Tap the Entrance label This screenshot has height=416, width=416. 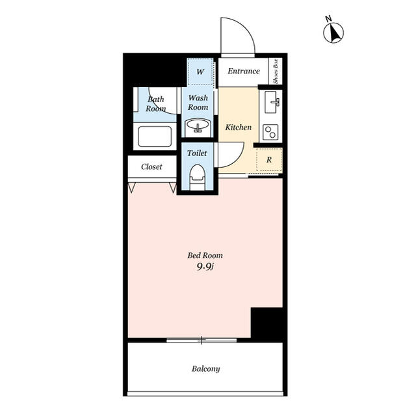tap(244, 71)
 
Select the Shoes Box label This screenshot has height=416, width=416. tap(276, 71)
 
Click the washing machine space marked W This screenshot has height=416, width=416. tap(200, 71)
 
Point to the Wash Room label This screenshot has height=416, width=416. tap(198, 103)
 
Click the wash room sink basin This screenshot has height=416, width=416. tap(198, 126)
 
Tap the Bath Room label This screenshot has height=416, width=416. tap(156, 104)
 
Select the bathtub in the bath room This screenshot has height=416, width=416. tap(155, 136)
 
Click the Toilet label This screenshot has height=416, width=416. tap(197, 153)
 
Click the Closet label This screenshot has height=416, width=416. tap(151, 166)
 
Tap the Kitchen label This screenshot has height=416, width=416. tap(239, 127)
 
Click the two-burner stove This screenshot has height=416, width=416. tap(270, 132)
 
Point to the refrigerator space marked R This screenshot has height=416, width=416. tap(269, 160)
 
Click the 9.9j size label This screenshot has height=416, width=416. tap(205, 266)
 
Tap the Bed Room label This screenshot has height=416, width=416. tap(205, 255)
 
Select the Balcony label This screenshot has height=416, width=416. tap(206, 369)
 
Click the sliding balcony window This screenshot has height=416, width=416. tap(201, 340)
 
